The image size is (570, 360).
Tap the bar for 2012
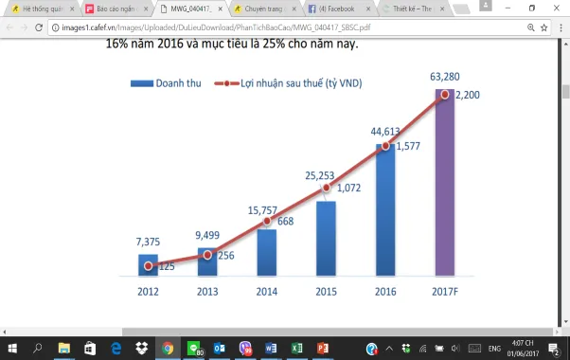pyautogui.click(x=148, y=265)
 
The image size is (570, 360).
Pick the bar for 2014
pyautogui.click(x=267, y=251)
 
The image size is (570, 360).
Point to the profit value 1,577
pyautogui.click(x=410, y=147)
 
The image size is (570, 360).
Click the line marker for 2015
pyautogui.click(x=327, y=188)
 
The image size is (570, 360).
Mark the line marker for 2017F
pyautogui.click(x=445, y=95)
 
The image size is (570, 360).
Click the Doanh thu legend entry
pyautogui.click(x=169, y=82)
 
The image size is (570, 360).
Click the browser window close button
pyautogui.click(x=557, y=9)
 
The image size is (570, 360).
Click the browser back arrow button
pyautogui.click(x=10, y=28)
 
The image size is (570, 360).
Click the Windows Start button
pyautogui.click(x=10, y=348)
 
